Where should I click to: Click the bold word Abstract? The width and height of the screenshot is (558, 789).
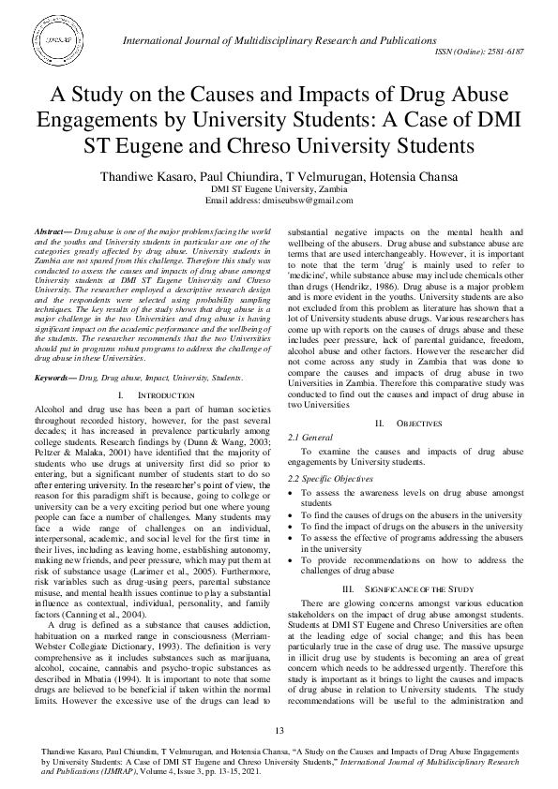(50, 230)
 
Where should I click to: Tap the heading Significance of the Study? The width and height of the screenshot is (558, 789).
(419, 588)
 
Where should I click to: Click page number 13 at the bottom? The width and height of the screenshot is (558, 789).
(279, 731)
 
